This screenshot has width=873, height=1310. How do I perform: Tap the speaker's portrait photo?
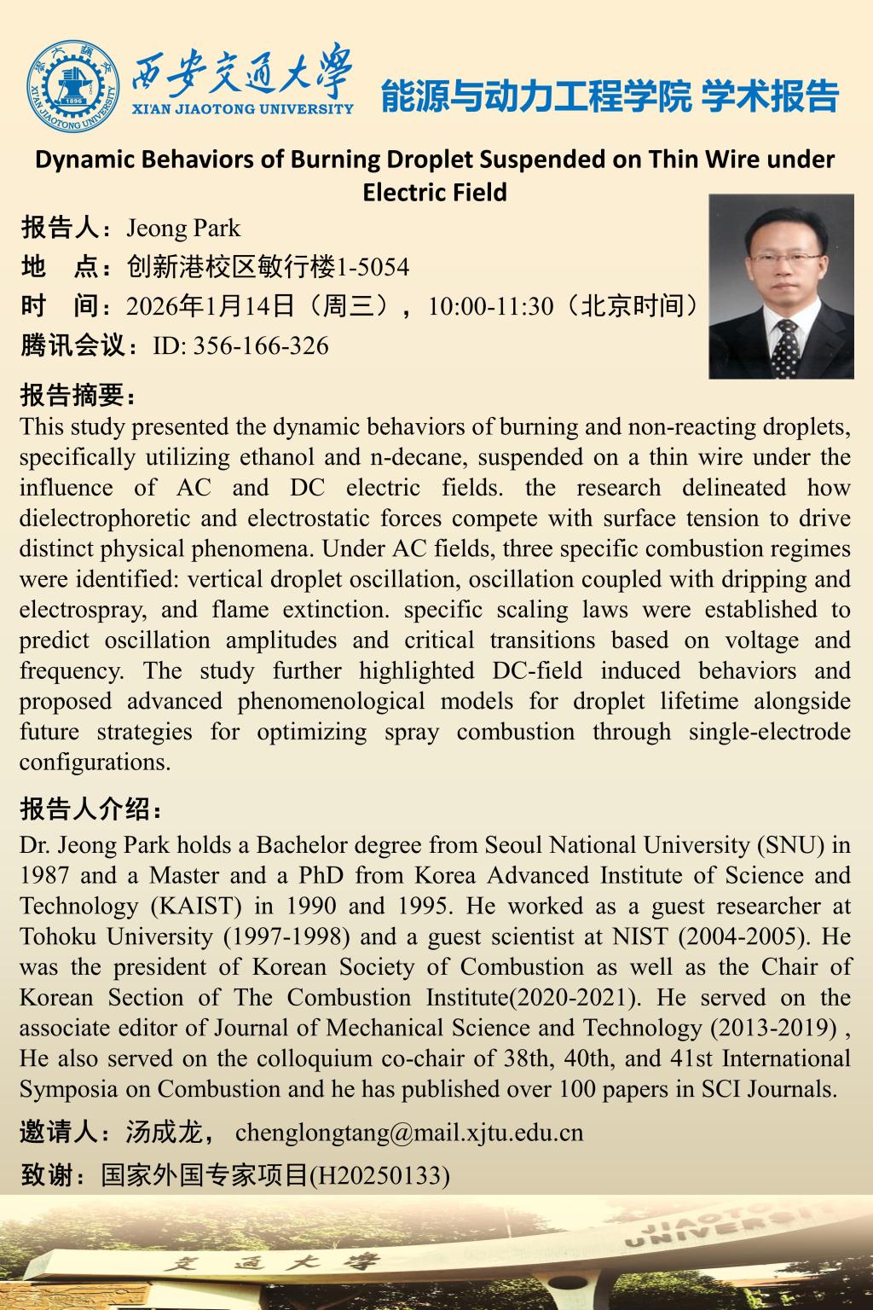(x=781, y=286)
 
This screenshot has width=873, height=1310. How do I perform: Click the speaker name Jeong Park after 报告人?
(x=183, y=229)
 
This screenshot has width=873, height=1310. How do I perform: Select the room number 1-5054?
(x=373, y=268)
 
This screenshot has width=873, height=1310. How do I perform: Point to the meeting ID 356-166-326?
(x=261, y=345)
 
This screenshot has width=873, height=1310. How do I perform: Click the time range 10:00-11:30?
(x=491, y=306)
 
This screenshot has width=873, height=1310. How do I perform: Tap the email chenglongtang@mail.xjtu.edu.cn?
(x=409, y=1133)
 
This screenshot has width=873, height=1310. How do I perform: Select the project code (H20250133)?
(x=379, y=1176)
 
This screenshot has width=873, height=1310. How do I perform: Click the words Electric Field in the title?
(x=435, y=192)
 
